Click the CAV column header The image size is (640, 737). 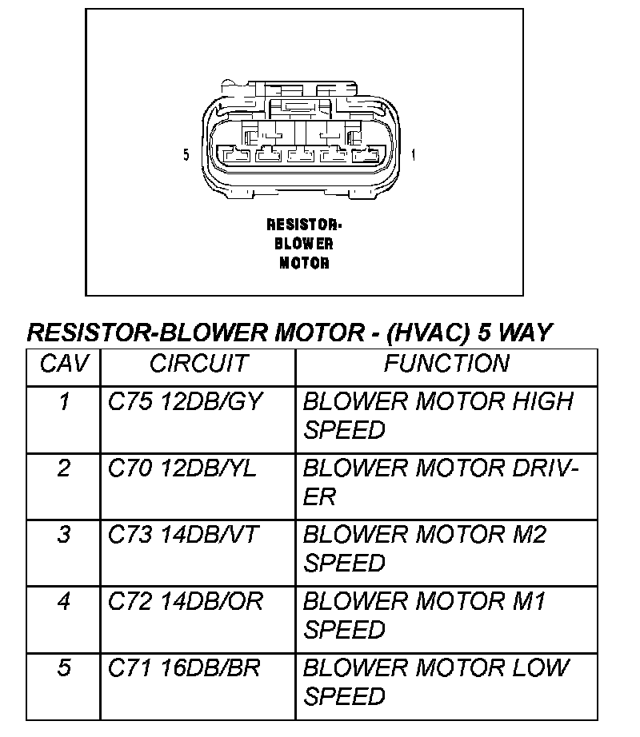pos(62,365)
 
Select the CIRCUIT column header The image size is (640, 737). pos(198,365)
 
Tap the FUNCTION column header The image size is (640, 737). pos(446,365)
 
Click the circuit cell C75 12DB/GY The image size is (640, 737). pos(186,402)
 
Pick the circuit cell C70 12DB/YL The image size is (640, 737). pos(182,468)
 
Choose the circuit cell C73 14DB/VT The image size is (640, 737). pos(183,535)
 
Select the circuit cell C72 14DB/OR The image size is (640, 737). pos(186,601)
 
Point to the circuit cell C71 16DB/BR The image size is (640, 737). pos(184,667)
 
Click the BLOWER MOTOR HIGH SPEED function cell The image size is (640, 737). pos(438,416)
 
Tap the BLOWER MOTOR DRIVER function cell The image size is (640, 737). pos(440,482)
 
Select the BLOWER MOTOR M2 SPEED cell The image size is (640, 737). pos(425,548)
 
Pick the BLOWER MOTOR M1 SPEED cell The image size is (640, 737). pos(425,615)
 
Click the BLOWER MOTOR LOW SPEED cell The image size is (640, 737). pos(437,681)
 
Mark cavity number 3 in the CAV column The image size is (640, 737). pos(63,535)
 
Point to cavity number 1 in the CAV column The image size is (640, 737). pos(63,402)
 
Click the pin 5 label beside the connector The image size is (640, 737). pos(186,154)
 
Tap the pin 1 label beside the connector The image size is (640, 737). pos(413,154)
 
